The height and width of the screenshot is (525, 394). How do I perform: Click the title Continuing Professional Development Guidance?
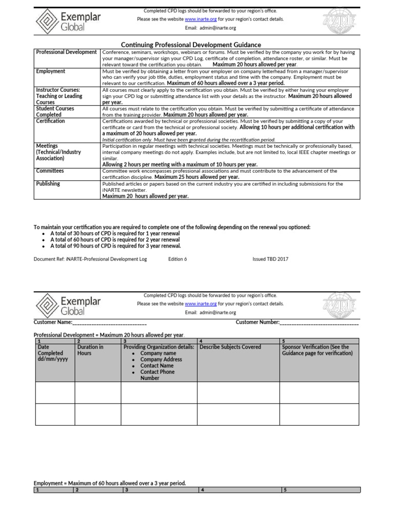pos(191,45)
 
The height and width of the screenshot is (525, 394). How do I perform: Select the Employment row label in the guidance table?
pos(51,71)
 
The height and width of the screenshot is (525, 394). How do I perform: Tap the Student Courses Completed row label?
pos(55,112)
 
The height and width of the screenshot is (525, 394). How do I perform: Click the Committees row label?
pos(50,171)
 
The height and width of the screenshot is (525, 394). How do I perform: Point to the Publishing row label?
pos(48,184)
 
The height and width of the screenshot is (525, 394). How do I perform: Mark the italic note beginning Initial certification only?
pos(189,139)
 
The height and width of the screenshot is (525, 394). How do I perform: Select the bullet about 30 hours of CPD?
pos(114,233)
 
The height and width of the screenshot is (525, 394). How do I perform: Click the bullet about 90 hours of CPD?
pos(115,246)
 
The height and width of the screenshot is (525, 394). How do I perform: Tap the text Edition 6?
pos(178,259)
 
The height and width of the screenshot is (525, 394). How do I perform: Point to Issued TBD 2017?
pos(270,259)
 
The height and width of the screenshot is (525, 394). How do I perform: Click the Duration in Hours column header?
pos(90,350)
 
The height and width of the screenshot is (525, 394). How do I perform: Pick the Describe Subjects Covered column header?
pos(230,347)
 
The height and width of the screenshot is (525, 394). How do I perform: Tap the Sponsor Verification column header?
pos(318,350)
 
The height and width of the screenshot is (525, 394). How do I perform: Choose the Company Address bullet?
pos(161,359)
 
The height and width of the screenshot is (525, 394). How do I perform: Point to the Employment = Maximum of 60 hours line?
pos(110,483)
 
